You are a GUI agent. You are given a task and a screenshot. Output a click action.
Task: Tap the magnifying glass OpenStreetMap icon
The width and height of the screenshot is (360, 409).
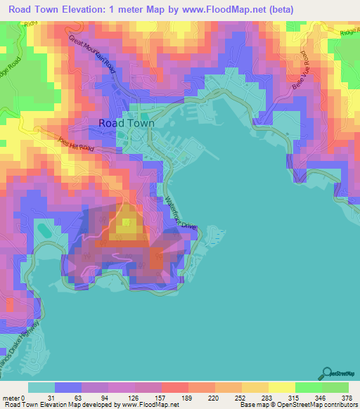coord(326,372)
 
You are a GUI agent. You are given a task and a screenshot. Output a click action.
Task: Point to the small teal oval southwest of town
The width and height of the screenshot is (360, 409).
coord(43,230)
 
